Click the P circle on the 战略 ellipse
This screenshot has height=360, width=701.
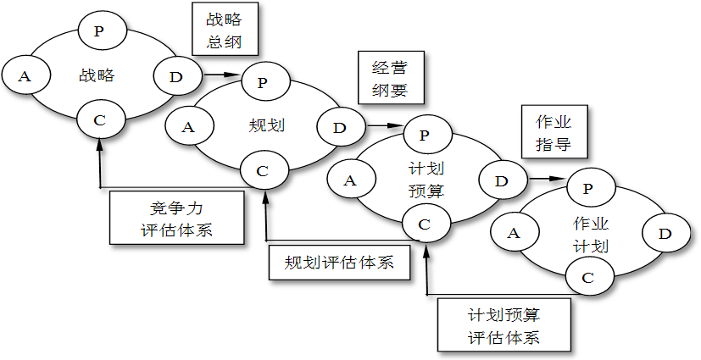coord(100,31)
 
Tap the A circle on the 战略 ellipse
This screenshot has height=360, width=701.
coord(25,77)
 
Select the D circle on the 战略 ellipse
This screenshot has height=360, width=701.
coord(176,77)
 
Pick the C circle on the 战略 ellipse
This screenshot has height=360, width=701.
coord(100,120)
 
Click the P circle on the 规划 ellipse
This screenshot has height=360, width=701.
coord(263,82)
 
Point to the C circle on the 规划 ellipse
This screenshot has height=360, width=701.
coord(263,171)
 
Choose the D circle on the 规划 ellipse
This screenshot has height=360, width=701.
coord(340,128)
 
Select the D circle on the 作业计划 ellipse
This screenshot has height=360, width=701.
coord(665,232)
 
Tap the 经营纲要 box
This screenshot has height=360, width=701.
coord(390,78)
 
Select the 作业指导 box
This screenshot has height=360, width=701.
coord(554,132)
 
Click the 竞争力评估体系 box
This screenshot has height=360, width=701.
coord(172,218)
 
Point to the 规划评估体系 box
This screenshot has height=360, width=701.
coord(339,262)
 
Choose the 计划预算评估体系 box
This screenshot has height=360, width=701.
coord(503,324)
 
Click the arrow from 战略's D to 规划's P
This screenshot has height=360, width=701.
coord(220,76)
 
